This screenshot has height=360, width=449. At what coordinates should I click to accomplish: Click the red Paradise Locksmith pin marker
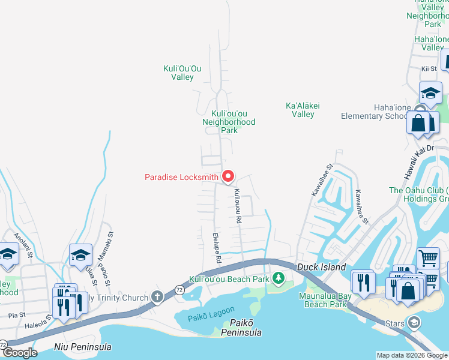click(228, 176)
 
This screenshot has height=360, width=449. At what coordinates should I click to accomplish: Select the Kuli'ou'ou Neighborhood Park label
click(229, 121)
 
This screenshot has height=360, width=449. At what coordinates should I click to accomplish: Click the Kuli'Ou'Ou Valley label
click(182, 73)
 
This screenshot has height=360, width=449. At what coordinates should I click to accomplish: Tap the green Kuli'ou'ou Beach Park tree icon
click(278, 278)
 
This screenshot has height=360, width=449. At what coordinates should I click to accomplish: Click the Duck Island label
click(322, 267)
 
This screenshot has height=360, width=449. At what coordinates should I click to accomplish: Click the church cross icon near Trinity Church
click(157, 296)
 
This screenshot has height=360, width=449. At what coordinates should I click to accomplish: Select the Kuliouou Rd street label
click(238, 206)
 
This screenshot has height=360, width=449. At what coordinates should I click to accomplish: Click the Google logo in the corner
click(19, 352)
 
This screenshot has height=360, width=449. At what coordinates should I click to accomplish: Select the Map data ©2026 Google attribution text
click(412, 355)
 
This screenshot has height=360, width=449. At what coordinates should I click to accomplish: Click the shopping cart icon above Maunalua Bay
click(427, 258)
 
